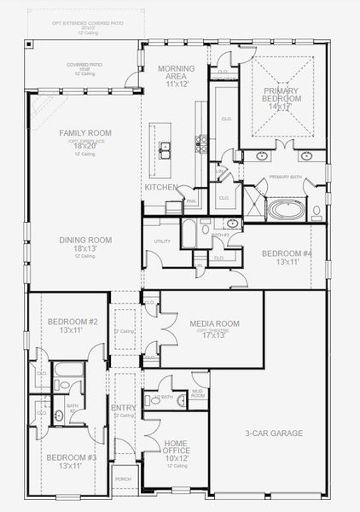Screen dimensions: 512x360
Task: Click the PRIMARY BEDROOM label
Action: (x=282, y=95)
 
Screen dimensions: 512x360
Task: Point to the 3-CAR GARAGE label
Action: (x=274, y=433)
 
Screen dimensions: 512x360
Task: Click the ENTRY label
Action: (x=123, y=408)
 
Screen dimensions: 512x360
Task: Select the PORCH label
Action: (x=123, y=479)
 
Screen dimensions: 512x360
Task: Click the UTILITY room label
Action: (x=162, y=241)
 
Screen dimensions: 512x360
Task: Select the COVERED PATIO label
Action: (x=84, y=65)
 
